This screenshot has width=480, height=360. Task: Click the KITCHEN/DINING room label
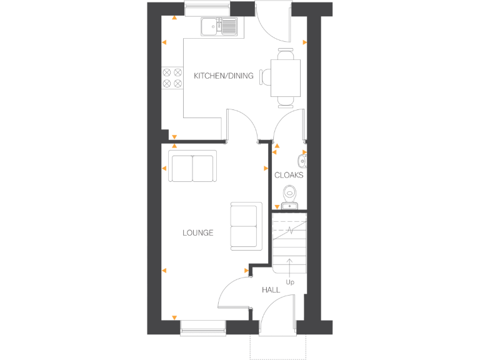coord(224,76)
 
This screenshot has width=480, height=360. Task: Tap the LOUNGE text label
coord(197,233)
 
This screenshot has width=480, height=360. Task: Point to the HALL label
coord(271,290)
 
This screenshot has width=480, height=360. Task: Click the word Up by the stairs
coord(290,282)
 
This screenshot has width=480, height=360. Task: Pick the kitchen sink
coord(219,27)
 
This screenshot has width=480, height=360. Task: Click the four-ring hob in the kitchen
coord(172,77)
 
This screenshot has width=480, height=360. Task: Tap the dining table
coord(286,77)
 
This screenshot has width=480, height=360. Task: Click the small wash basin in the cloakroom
coord(302,161)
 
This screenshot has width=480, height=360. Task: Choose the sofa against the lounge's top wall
coord(192,166)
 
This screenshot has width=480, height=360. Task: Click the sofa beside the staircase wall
coord(246,225)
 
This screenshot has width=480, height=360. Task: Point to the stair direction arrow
coord(290,265)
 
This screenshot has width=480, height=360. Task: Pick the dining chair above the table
coord(286,55)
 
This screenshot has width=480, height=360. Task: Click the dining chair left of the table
coord(266,77)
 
